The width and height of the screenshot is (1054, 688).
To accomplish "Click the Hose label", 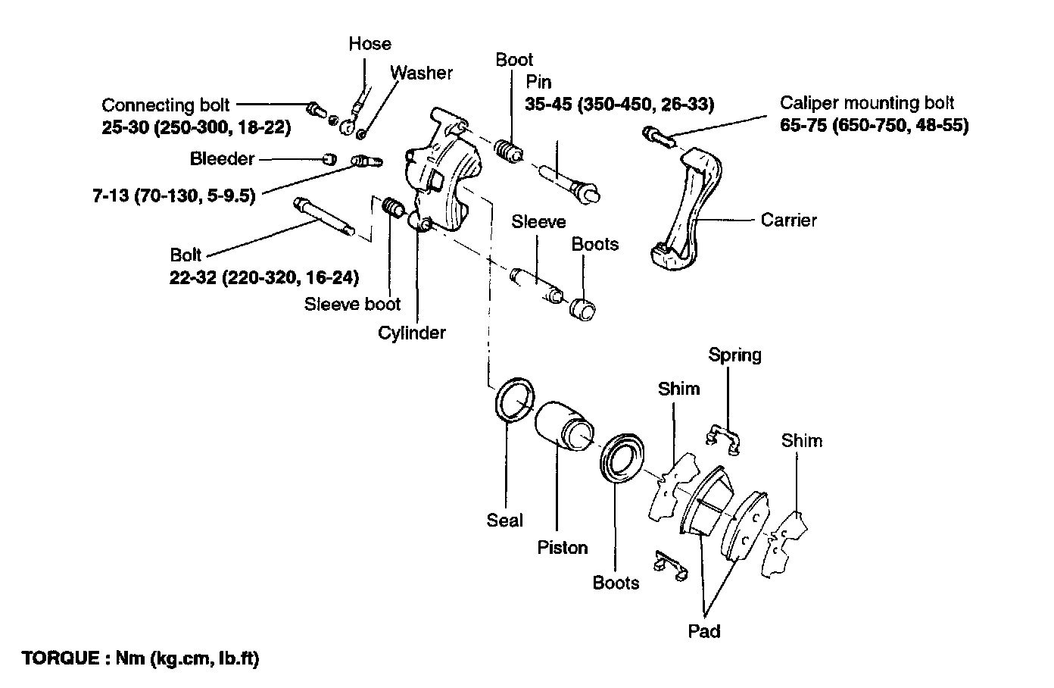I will click(x=370, y=44).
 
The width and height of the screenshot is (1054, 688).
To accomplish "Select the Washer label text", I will click(x=421, y=73).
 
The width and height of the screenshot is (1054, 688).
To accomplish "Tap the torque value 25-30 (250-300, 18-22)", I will click(x=196, y=128).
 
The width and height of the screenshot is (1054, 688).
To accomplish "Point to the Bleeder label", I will click(x=222, y=159).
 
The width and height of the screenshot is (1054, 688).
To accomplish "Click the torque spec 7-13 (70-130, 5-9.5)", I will click(x=173, y=196).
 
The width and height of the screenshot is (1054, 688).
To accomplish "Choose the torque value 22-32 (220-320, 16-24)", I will click(x=264, y=277).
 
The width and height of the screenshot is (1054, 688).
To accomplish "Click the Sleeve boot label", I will click(x=352, y=305).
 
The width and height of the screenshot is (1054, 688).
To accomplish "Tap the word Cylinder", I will click(x=412, y=333).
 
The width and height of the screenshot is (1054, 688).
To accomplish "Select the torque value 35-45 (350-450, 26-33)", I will click(x=619, y=104).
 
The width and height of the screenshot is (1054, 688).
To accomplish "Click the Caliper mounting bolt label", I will click(x=867, y=103).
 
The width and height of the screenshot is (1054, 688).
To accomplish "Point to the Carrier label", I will click(x=788, y=220).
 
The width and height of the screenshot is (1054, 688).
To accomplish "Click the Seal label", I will click(x=504, y=521).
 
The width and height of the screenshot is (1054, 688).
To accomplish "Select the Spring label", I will click(x=734, y=355).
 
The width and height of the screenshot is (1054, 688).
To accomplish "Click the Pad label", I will click(x=704, y=630).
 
